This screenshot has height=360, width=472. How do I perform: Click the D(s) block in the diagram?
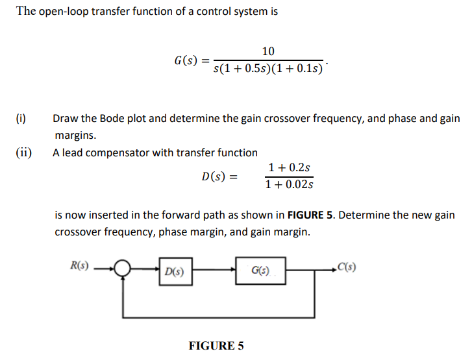(174, 272)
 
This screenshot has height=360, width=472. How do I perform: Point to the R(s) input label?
(81, 265)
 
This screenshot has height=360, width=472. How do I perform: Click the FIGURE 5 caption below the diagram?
(216, 346)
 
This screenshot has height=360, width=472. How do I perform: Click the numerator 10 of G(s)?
(268, 51)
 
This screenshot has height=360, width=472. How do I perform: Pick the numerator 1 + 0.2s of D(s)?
(289, 168)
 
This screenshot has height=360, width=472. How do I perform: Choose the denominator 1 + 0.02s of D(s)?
(289, 185)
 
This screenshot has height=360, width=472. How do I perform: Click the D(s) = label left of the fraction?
(220, 176)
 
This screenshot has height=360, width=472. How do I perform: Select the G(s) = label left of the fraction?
(192, 61)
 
